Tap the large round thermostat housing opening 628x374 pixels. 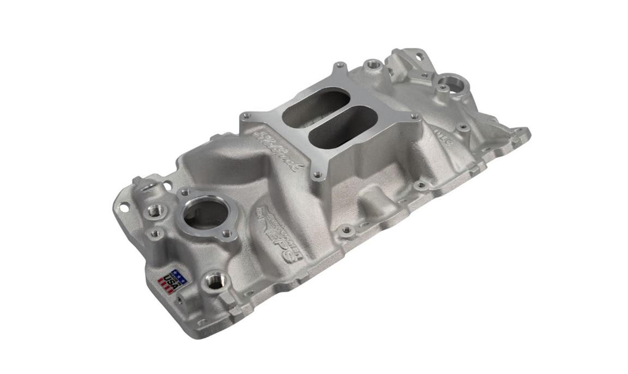(204, 214)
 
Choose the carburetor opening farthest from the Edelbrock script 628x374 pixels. (343, 125)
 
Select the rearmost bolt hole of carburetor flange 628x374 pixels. (340, 67)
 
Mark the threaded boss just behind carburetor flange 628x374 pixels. (374, 64)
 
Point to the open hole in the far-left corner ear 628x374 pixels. (123, 207)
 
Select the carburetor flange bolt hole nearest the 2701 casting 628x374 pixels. (414, 116)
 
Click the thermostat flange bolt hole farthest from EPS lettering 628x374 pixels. (184, 192)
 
